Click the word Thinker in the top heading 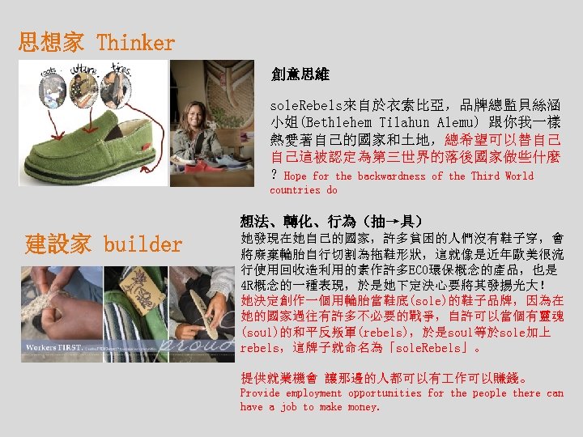(135, 42)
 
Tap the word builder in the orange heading (143, 244)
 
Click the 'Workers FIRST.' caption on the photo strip (53, 346)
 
